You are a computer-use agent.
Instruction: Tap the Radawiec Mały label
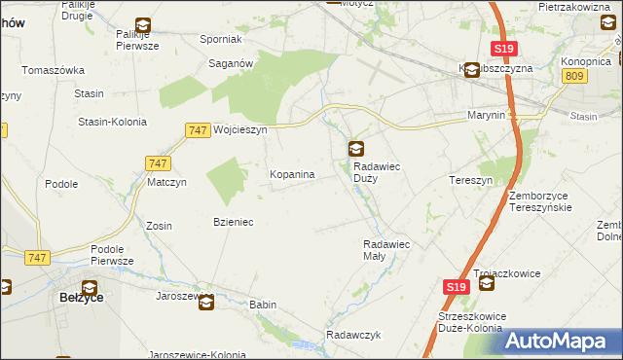pos(387,250)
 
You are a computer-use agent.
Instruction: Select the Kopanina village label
pos(291,174)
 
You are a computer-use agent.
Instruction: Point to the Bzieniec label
pos(234,222)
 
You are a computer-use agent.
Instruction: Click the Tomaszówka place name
pos(54,70)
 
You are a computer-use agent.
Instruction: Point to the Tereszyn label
pos(472,181)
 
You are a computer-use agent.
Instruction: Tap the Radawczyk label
pos(352,335)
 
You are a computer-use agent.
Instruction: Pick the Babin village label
pos(263,305)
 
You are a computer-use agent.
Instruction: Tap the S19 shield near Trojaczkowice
pos(457,287)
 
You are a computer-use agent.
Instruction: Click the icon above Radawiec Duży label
pos(357,149)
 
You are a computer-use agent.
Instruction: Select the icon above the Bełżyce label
pos(90,288)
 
